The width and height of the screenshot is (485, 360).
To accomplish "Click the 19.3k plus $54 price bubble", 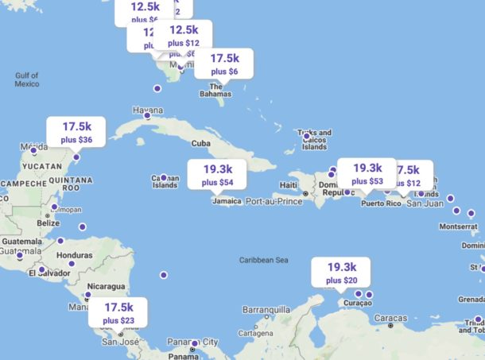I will tap(217, 175).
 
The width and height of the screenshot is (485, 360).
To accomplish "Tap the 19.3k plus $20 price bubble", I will tap(341, 273).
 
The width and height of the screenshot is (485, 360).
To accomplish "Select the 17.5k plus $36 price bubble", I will tap(76, 133).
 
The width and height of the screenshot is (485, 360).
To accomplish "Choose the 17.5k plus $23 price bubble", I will tap(118, 313).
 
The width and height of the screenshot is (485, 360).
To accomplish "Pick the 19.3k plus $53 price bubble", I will tap(367, 173).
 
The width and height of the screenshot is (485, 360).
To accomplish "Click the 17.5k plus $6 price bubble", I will tap(223, 64).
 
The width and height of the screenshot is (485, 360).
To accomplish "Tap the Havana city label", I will tap(148, 110).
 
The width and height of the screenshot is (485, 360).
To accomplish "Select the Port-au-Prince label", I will tap(274, 202).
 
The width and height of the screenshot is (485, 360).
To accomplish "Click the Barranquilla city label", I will tap(267, 309).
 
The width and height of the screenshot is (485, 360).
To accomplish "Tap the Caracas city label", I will tap(390, 318).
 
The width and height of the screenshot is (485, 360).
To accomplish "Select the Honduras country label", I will tap(76, 255).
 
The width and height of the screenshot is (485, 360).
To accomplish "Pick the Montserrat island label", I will tap(457, 226).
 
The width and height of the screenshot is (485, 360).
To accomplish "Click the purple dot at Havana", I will tap(146, 116).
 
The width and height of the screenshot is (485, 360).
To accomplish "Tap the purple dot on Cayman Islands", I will tap(164, 177).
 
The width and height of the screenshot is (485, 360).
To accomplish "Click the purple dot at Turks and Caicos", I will tap(306, 137).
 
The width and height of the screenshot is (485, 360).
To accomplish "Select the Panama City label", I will tap(193, 342).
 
